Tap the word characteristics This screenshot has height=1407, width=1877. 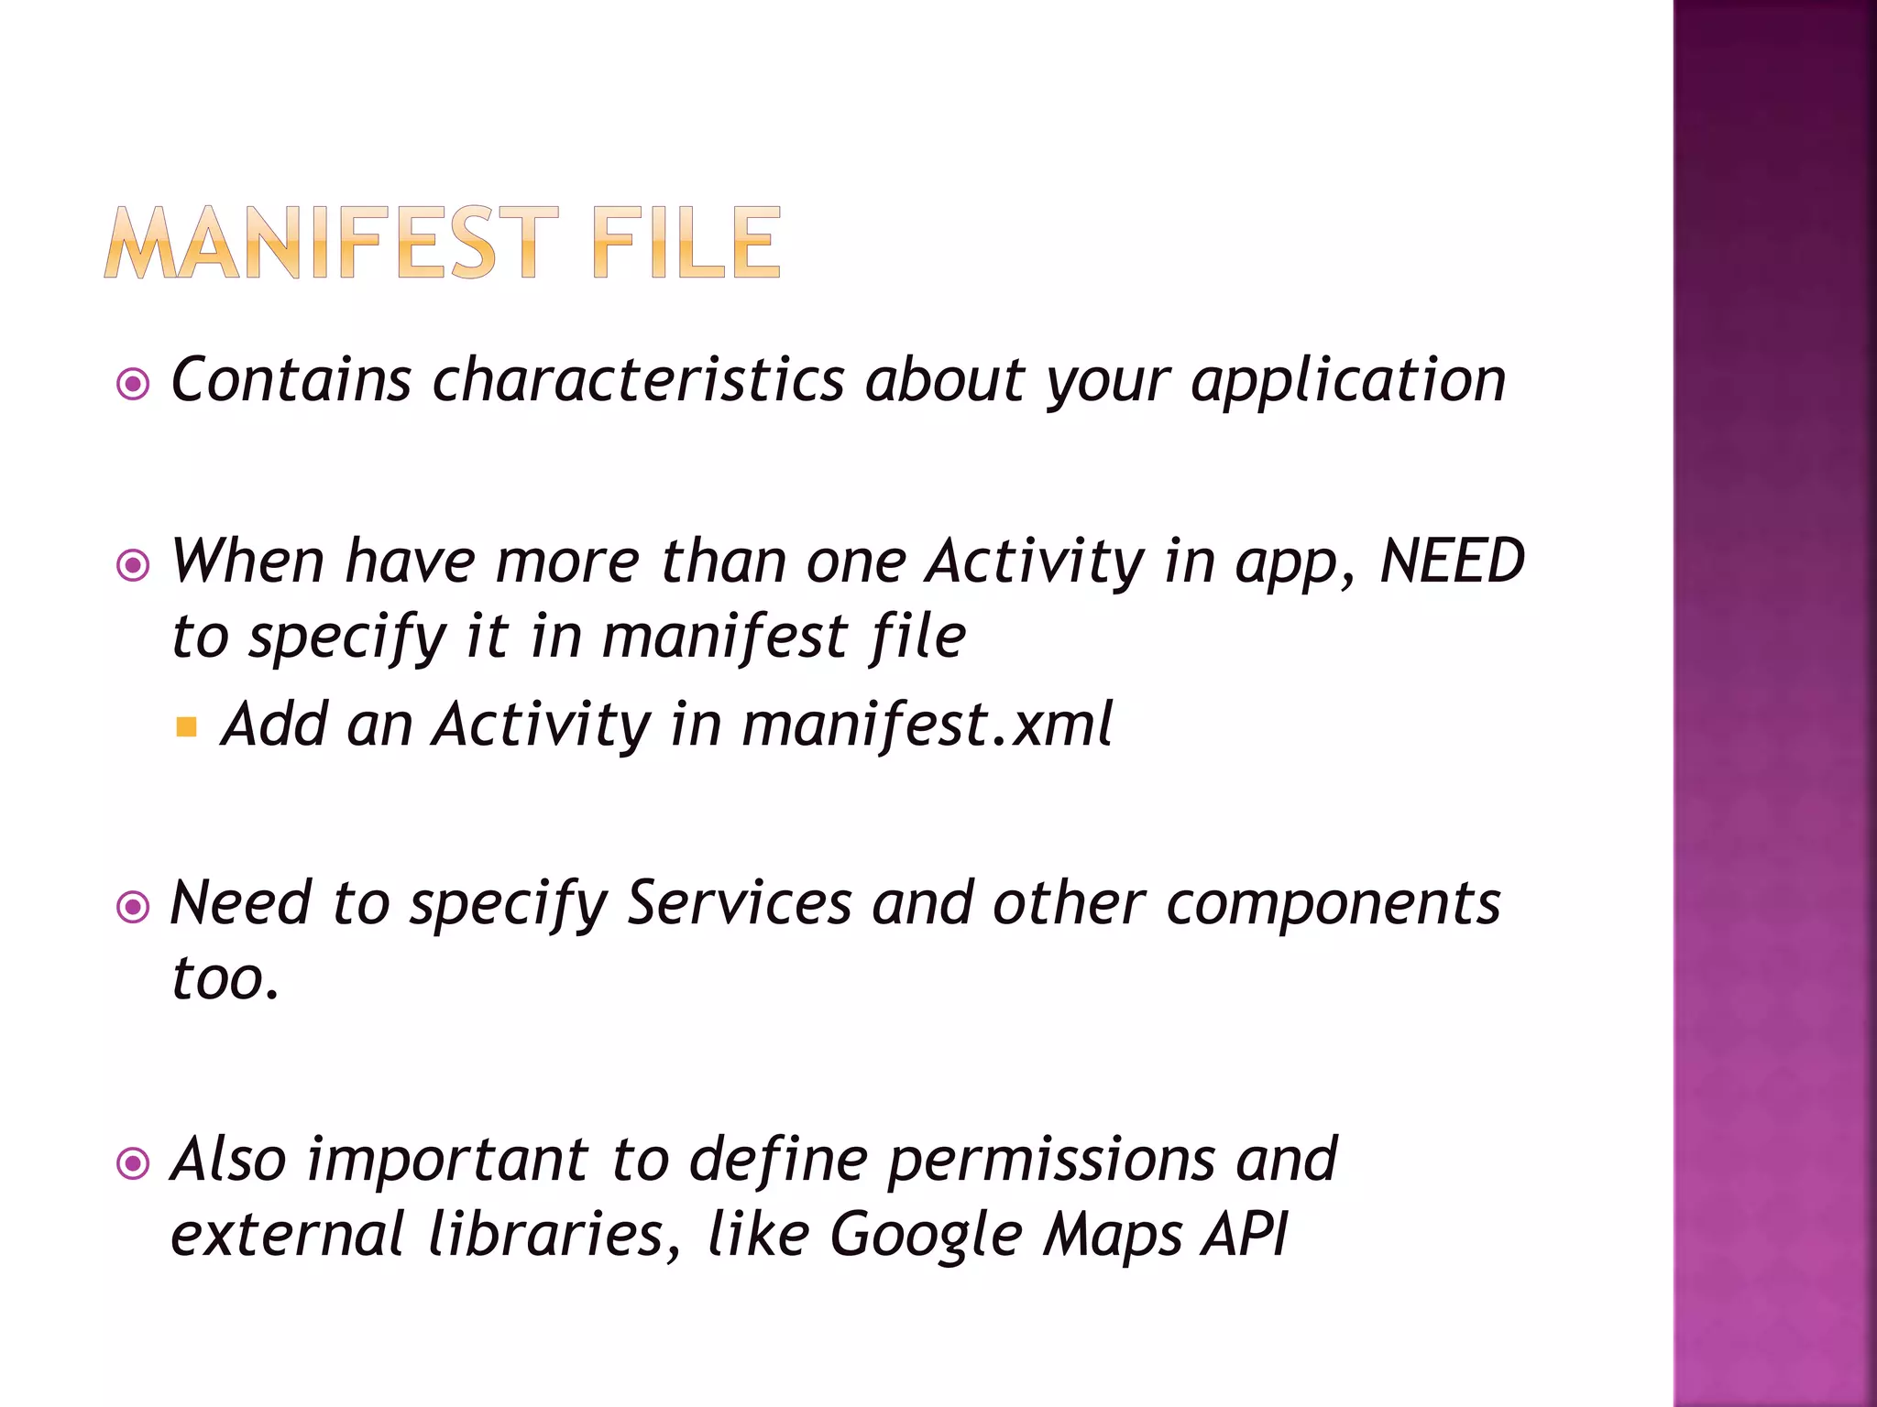point(639,380)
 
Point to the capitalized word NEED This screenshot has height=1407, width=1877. point(1453,561)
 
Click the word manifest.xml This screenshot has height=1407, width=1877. point(928,725)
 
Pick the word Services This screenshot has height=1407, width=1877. point(739,904)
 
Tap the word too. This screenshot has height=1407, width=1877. point(225,978)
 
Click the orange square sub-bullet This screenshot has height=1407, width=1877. point(187,728)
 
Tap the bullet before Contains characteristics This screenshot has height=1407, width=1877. point(134,384)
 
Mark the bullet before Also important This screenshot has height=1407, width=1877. point(134,1164)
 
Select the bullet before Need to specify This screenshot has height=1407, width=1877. point(134,908)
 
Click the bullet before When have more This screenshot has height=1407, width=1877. point(134,565)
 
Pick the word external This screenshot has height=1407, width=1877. point(287,1235)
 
